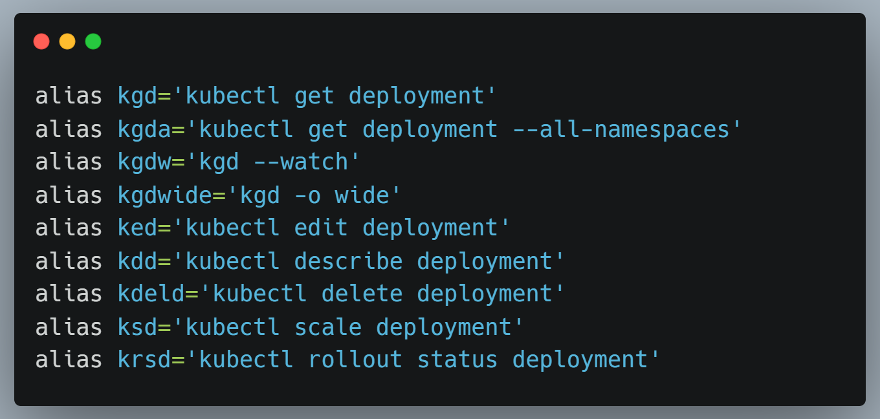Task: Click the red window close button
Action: pyautogui.click(x=41, y=41)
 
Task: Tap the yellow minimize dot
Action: pyautogui.click(x=67, y=41)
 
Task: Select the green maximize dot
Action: pyautogui.click(x=93, y=41)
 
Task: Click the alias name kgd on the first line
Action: pyautogui.click(x=138, y=96)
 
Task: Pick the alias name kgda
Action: pyautogui.click(x=144, y=129)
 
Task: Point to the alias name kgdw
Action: pyautogui.click(x=144, y=162)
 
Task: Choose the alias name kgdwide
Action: pyautogui.click(x=165, y=195)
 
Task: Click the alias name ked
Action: pyautogui.click(x=138, y=228)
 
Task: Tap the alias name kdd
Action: pyautogui.click(x=138, y=261)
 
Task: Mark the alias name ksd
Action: pyautogui.click(x=138, y=327)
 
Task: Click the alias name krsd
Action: pyautogui.click(x=144, y=360)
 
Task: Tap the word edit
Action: pyautogui.click(x=321, y=228)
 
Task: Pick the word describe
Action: pyautogui.click(x=348, y=261)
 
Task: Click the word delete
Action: pyautogui.click(x=362, y=294)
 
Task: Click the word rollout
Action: pyautogui.click(x=355, y=360)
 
